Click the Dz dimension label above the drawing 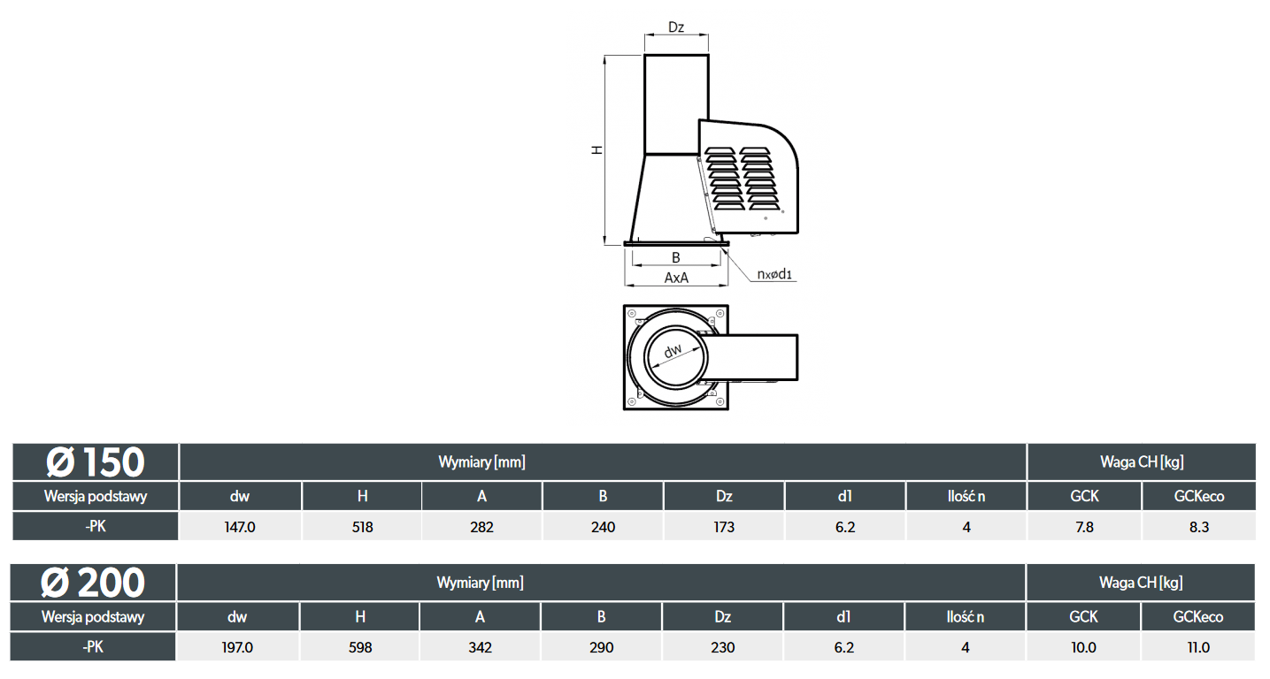pos(676,27)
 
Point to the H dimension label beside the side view pos(597,150)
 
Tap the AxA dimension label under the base pos(676,278)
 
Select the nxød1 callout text pos(774,274)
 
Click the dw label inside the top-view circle pos(673,351)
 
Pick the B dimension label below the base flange pos(676,257)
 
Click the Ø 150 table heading pos(96,462)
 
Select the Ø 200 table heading pos(93,583)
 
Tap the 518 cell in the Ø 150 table pos(362,527)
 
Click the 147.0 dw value pos(240,527)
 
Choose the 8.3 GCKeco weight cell pos(1199,527)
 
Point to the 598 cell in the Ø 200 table pos(360,647)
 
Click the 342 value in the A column pos(481,647)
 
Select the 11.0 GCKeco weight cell pos(1198,647)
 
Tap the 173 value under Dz pos(724,527)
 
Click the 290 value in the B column pos(602,647)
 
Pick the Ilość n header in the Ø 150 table pos(966,496)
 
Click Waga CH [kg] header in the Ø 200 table pos(1141,582)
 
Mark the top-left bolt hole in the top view pos(632,314)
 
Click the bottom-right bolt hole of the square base pos(720,401)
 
